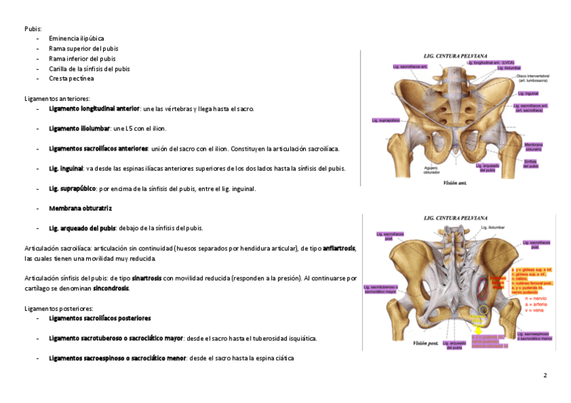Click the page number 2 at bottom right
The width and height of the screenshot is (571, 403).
point(545,375)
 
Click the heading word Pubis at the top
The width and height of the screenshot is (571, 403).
point(32,28)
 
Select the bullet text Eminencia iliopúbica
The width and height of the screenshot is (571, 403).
point(77,38)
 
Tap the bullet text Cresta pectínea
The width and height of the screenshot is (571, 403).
point(71,79)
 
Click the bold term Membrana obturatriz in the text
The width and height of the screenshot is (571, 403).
point(80,208)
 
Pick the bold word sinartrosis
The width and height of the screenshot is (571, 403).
point(146,278)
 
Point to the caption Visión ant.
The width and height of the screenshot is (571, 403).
point(456,182)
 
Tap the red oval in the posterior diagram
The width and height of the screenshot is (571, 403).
point(481,289)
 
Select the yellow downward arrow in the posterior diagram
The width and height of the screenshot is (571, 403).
point(477,330)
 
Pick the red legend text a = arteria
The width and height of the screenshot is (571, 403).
point(535,303)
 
